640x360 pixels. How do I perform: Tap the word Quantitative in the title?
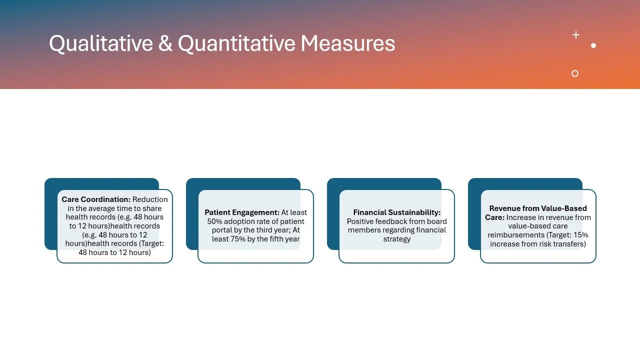[236, 44]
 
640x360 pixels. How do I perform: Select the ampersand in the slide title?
[165, 44]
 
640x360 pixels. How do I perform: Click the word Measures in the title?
[347, 44]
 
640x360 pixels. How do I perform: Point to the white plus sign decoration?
[576, 34]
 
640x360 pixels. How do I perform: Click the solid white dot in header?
[593, 45]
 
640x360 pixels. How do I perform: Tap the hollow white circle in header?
[575, 73]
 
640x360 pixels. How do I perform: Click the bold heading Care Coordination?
[96, 199]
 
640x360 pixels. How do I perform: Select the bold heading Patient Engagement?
[242, 212]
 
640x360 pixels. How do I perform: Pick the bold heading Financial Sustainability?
[396, 212]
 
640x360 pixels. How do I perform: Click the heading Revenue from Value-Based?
[538, 208]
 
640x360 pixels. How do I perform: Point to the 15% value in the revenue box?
[579, 235]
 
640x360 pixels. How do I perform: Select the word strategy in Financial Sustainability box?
[396, 239]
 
